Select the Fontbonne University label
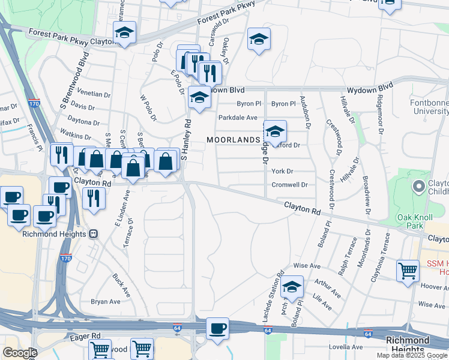click(x=429, y=107)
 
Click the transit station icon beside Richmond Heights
click(x=93, y=234)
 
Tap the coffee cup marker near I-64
click(x=217, y=329)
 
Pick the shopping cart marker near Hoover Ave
click(x=408, y=271)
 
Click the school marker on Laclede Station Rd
click(x=292, y=288)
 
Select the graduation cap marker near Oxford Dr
click(x=274, y=131)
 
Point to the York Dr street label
click(x=282, y=171)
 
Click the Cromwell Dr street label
click(x=289, y=185)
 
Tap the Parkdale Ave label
click(x=238, y=118)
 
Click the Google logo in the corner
click(x=20, y=353)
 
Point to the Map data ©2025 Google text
click(x=412, y=355)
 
